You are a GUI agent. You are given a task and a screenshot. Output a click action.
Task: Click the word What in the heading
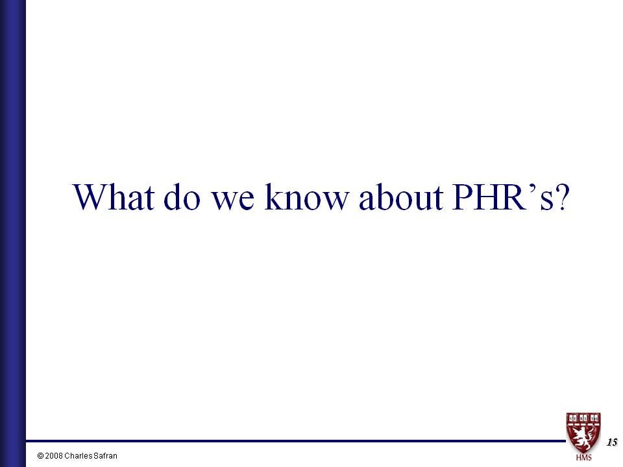(113, 197)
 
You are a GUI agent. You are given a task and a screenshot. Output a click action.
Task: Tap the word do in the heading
(182, 197)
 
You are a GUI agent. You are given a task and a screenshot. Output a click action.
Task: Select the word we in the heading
(232, 201)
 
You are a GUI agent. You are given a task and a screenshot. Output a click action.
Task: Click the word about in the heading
(401, 197)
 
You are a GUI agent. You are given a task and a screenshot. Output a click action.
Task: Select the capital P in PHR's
(463, 197)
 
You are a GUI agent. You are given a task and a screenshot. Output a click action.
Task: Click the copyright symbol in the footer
(40, 456)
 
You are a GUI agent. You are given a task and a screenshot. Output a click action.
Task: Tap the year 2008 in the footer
(54, 456)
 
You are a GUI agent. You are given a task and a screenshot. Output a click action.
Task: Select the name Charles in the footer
(78, 456)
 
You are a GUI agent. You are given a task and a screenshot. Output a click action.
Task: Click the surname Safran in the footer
(104, 456)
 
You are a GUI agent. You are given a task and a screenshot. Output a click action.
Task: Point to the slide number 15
(612, 442)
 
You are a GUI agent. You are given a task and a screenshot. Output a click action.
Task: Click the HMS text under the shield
(583, 457)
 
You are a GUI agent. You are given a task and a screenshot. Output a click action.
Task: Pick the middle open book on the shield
(583, 418)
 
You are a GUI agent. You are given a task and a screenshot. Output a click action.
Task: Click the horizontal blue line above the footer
(296, 441)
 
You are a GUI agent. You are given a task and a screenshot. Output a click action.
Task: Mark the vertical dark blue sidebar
(13, 233)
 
